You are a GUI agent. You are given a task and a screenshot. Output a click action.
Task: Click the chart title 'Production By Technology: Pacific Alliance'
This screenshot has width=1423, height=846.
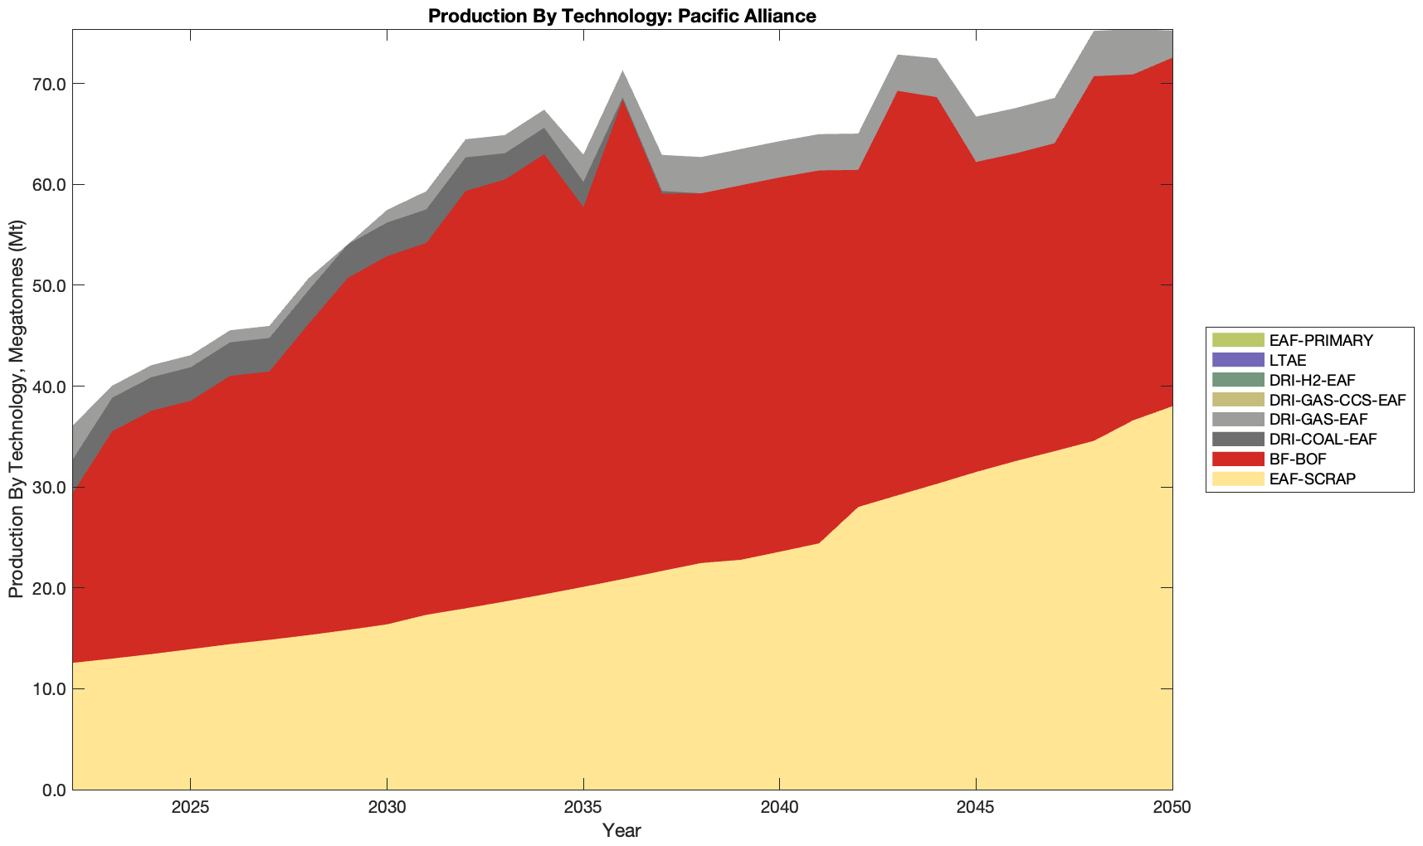point(621,16)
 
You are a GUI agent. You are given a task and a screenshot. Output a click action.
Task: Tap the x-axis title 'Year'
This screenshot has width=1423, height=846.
point(621,830)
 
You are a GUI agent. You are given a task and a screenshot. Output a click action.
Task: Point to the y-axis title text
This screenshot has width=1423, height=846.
point(16,409)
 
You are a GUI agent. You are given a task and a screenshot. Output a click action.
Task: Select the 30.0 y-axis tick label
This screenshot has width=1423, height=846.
point(51,488)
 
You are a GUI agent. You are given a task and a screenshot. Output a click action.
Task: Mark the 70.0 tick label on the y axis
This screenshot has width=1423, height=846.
point(51,84)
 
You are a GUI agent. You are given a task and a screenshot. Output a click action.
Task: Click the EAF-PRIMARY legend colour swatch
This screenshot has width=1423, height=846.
point(1238,340)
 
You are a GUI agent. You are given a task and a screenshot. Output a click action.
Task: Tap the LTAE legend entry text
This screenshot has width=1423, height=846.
point(1288,360)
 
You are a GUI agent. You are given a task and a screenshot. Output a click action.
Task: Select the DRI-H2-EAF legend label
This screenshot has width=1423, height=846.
point(1312,380)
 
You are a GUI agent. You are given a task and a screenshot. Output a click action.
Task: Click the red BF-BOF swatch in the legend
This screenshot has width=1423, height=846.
point(1238,459)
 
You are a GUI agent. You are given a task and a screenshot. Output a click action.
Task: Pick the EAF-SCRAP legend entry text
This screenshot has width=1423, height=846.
point(1313,479)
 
